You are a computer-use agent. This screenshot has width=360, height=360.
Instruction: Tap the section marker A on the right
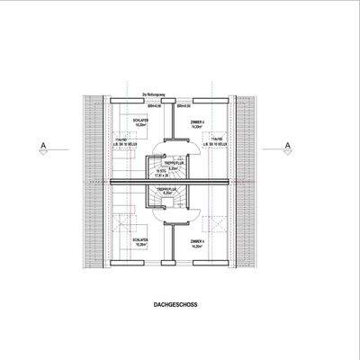pos(286,145)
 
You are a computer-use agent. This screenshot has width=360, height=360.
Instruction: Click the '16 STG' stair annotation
pos(163,171)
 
